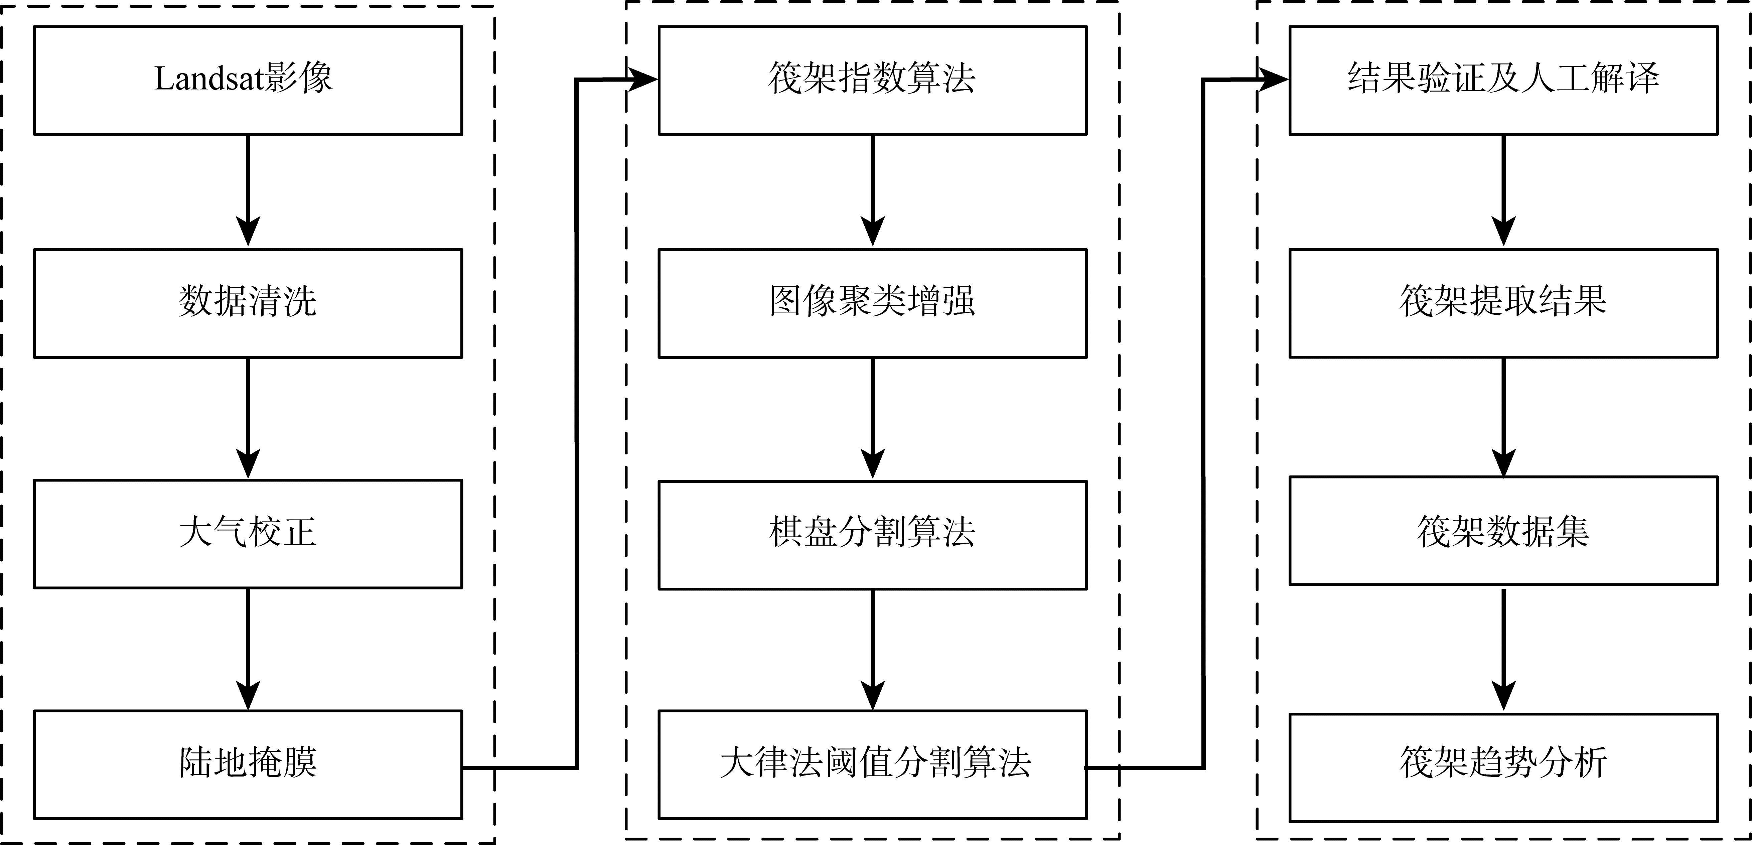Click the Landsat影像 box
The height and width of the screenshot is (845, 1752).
(248, 80)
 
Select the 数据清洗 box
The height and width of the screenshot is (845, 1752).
(248, 303)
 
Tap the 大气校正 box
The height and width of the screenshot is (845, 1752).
(248, 534)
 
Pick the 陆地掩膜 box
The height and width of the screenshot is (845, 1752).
(248, 765)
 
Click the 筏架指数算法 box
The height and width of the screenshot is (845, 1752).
(873, 80)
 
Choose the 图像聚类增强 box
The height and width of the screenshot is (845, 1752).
(873, 303)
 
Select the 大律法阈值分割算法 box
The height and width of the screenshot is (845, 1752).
(873, 765)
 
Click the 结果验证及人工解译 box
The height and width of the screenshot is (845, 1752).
(1504, 80)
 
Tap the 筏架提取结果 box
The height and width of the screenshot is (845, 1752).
(1504, 303)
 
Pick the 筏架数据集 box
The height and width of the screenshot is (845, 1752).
(1504, 531)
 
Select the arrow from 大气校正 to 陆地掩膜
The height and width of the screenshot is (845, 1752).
(248, 649)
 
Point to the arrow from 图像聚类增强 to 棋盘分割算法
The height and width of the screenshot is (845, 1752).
(873, 418)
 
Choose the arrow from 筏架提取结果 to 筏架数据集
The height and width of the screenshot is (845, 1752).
(1504, 417)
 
